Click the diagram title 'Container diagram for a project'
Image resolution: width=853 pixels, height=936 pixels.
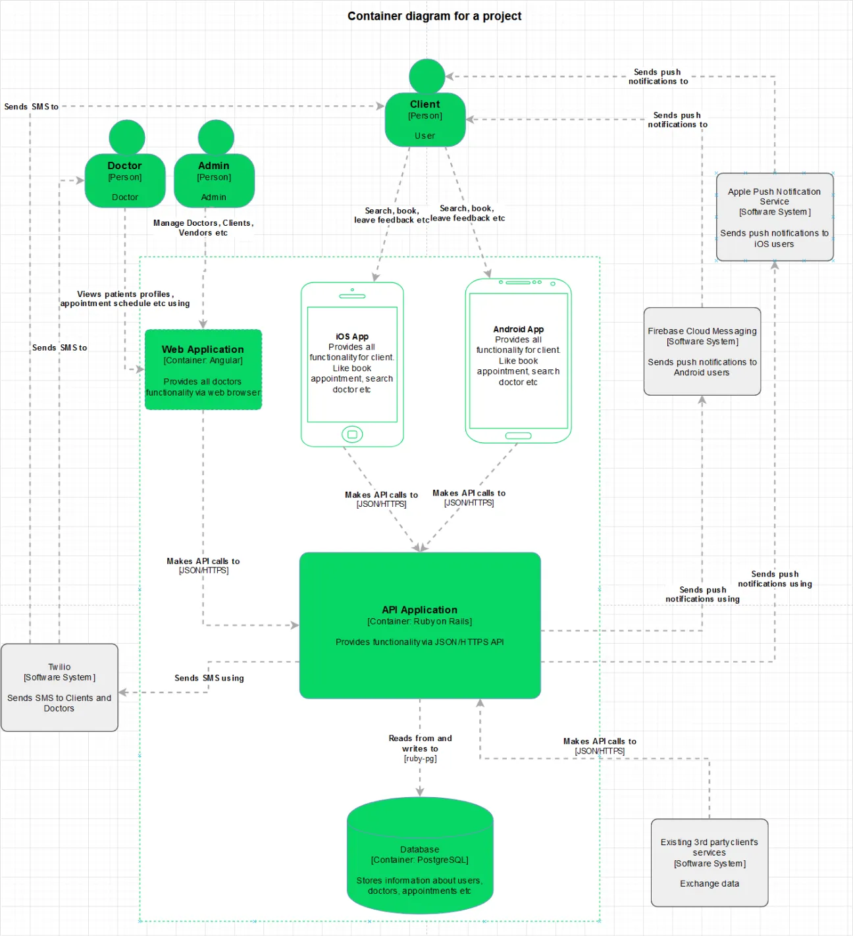point(434,16)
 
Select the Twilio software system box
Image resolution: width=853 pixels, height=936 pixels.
point(59,687)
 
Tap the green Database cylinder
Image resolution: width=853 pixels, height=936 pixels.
point(420,856)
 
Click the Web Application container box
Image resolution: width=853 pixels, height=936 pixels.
point(203,369)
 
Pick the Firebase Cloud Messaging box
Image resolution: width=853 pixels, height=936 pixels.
point(702,351)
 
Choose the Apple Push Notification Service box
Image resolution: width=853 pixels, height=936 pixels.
point(775,217)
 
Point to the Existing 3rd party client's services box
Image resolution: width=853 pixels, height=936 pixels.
point(710,862)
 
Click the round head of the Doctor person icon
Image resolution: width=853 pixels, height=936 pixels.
point(127,137)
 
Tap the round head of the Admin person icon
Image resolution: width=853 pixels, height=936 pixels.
point(216,137)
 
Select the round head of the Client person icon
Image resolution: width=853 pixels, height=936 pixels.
point(426,76)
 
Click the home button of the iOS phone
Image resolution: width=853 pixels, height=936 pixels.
point(352,434)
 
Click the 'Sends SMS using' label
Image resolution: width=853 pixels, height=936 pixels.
point(209,678)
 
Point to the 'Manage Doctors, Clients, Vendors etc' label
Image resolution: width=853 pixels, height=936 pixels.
point(203,228)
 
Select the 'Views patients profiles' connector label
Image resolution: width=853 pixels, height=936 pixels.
point(125,299)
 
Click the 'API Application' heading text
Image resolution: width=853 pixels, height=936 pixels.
point(420,610)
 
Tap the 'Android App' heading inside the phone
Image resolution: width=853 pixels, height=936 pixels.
point(519,329)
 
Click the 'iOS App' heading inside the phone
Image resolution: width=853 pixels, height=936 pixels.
point(352,336)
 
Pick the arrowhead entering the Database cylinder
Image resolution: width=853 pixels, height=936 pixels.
point(420,792)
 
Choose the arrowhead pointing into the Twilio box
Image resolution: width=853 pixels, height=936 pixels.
point(123,692)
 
